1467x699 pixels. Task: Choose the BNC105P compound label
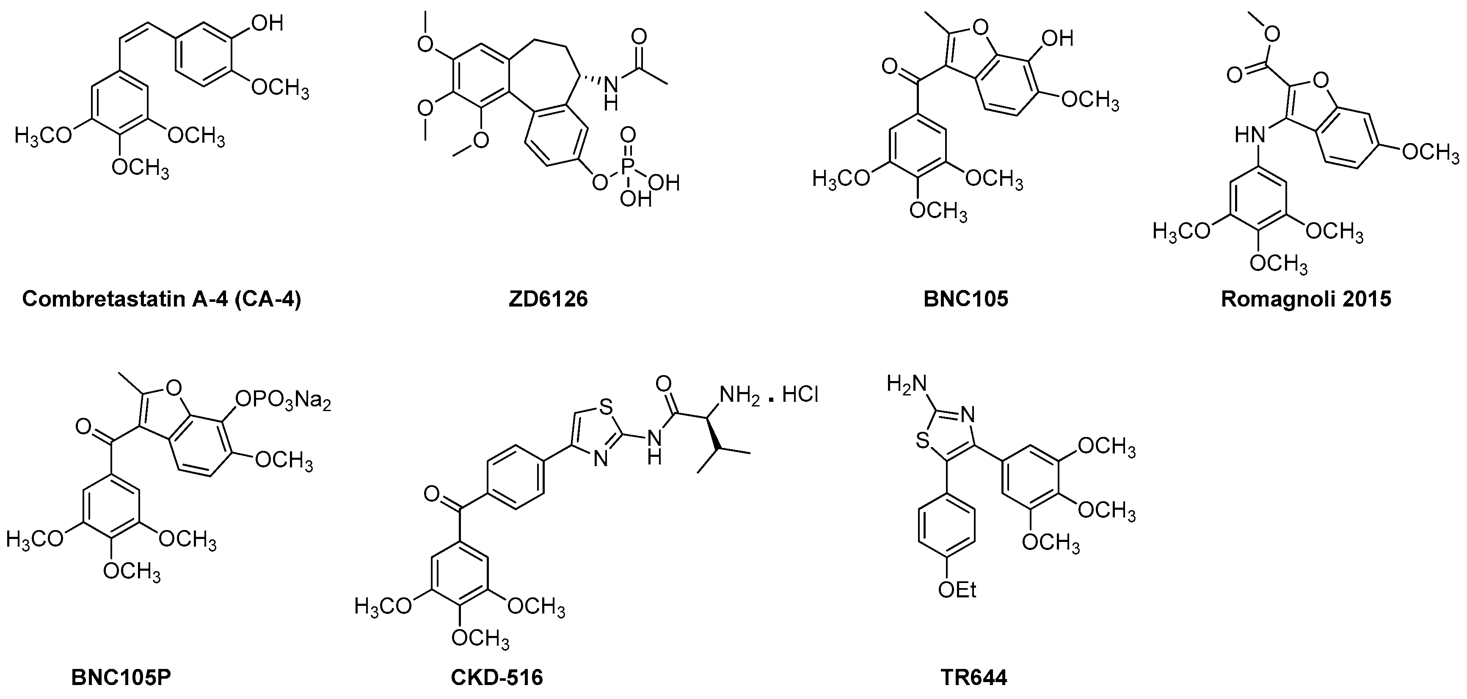pos(121,678)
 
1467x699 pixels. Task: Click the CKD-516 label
pos(496,678)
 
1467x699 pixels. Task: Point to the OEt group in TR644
pos(957,590)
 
